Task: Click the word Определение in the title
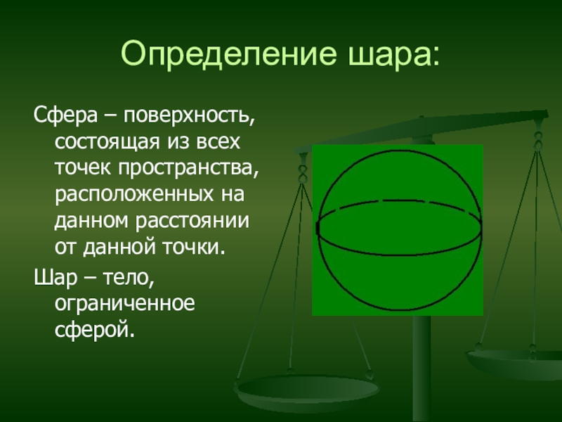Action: click(x=229, y=54)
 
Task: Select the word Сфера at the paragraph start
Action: click(x=65, y=116)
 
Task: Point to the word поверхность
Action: click(x=189, y=116)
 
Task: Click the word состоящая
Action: click(x=107, y=143)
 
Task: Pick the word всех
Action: click(x=218, y=142)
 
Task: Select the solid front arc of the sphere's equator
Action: click(x=399, y=254)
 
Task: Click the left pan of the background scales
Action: click(x=306, y=391)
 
